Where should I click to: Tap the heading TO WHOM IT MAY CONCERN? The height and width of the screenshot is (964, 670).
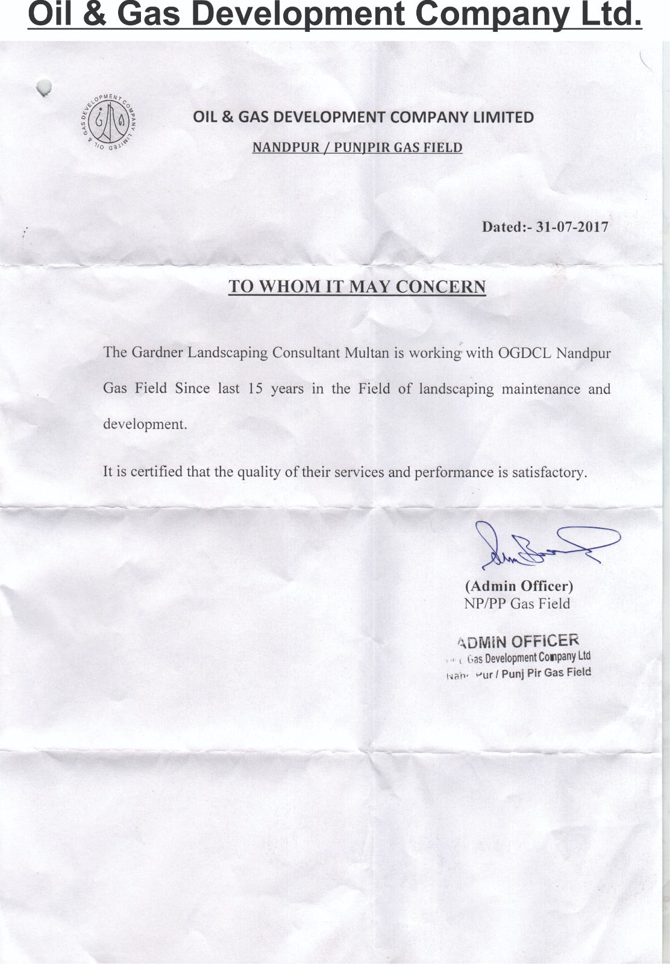point(357,287)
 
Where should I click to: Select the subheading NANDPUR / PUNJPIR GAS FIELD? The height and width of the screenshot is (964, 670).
point(357,148)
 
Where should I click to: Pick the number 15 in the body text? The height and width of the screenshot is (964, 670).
point(255,389)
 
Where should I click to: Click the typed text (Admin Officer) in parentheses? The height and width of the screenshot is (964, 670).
point(519,586)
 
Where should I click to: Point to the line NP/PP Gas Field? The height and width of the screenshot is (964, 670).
point(517,603)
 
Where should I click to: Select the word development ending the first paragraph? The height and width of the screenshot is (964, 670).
point(145,424)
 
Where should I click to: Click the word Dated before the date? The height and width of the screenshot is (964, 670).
point(504,227)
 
